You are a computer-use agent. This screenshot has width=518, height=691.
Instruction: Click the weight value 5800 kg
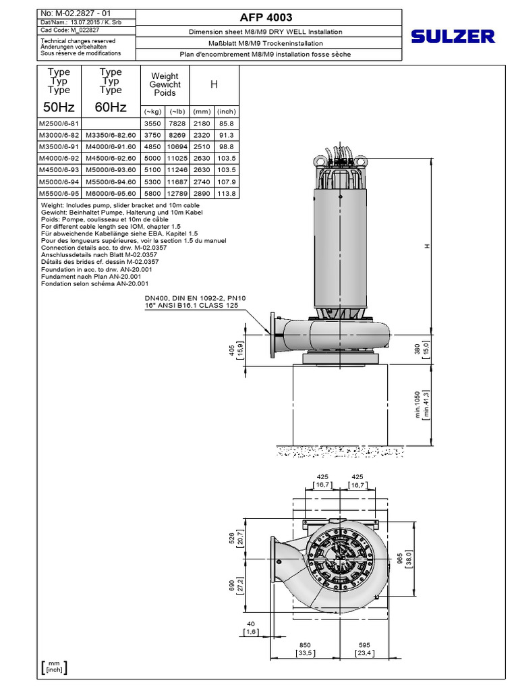coord(151,194)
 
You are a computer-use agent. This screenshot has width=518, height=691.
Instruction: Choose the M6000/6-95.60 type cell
coord(111,194)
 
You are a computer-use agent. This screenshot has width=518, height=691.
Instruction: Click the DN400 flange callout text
coord(196,302)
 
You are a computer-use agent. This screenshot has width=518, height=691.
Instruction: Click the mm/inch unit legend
coord(54,667)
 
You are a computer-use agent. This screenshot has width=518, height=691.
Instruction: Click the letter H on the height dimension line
coord(426,246)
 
